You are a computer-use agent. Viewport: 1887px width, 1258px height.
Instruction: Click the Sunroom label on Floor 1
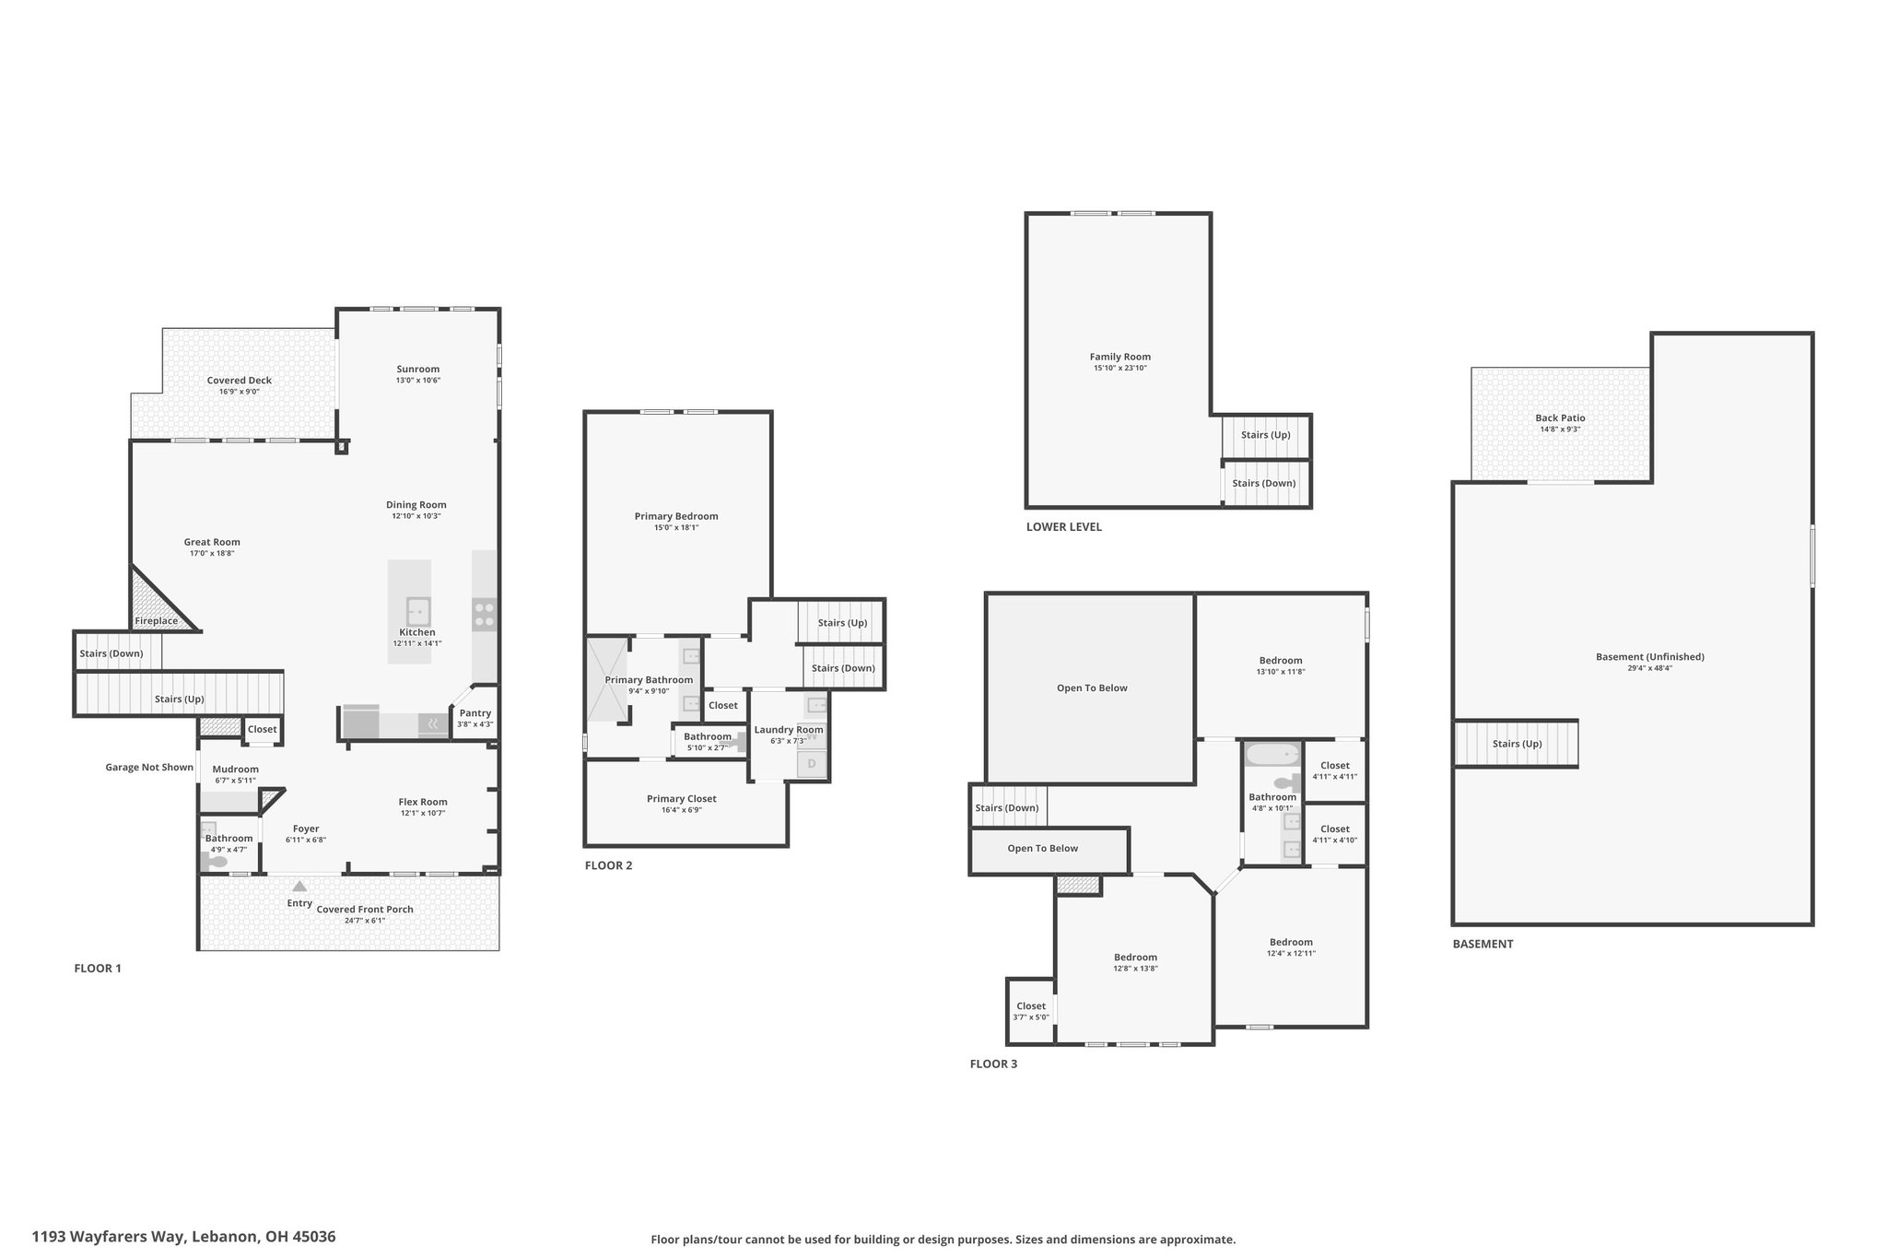click(x=418, y=369)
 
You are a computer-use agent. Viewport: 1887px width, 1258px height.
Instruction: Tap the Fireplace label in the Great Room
click(x=157, y=621)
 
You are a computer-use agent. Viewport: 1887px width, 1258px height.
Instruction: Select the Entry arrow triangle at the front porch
click(x=299, y=886)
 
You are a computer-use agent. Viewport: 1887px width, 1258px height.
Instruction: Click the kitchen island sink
click(x=418, y=611)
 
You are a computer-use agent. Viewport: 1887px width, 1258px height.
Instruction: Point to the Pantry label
click(x=475, y=712)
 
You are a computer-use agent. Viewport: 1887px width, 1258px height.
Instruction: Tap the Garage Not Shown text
click(x=149, y=767)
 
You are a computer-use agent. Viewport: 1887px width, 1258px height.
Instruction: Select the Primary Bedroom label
click(x=676, y=516)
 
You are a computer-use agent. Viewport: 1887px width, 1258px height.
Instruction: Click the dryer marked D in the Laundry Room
click(x=812, y=764)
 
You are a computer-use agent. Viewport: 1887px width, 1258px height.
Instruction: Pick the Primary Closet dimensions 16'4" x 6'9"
click(x=682, y=810)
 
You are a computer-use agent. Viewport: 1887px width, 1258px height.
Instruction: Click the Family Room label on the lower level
click(x=1120, y=357)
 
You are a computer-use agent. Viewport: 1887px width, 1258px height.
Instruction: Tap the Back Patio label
click(x=1560, y=417)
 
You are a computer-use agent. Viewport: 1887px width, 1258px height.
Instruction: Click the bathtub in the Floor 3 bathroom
click(x=1273, y=755)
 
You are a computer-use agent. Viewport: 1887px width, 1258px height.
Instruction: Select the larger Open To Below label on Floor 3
click(x=1092, y=688)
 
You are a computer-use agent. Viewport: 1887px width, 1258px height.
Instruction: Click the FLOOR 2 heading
click(x=608, y=865)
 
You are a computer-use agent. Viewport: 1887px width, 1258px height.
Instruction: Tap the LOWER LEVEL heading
click(x=1064, y=527)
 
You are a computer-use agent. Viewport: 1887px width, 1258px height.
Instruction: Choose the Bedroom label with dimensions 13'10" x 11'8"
click(x=1281, y=660)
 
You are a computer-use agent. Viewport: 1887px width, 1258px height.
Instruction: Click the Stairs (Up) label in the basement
click(x=1517, y=744)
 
